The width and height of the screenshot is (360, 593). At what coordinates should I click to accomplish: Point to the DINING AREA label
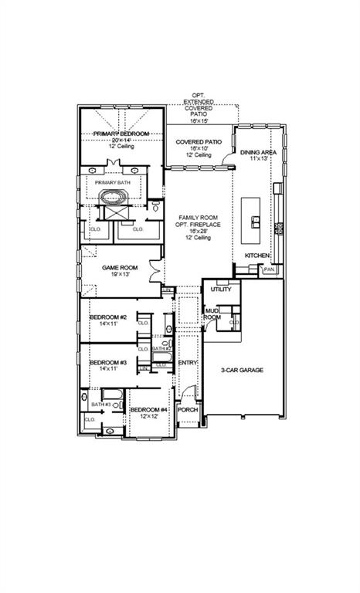click(x=258, y=153)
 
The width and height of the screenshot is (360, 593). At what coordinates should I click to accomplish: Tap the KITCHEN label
click(x=257, y=255)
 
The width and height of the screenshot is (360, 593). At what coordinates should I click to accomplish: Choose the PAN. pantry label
click(x=269, y=270)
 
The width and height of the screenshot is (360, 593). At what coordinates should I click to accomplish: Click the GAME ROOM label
click(x=120, y=268)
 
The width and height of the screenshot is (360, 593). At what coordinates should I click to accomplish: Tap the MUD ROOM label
click(x=212, y=313)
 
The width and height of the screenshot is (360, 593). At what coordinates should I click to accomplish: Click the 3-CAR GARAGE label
click(x=242, y=371)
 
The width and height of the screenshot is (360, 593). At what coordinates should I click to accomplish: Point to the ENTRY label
click(x=188, y=362)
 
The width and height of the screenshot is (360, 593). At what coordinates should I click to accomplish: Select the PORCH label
click(x=188, y=410)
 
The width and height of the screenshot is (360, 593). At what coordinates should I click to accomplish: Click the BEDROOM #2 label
click(x=108, y=317)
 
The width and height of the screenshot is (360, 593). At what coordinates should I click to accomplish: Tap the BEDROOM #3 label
click(x=108, y=362)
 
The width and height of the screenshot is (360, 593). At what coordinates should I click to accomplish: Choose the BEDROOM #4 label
click(x=148, y=409)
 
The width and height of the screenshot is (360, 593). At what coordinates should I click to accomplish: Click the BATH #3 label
click(x=100, y=404)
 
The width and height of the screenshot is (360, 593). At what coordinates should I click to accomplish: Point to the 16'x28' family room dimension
click(x=198, y=231)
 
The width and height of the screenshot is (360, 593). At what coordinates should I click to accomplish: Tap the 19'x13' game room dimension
click(x=120, y=275)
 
